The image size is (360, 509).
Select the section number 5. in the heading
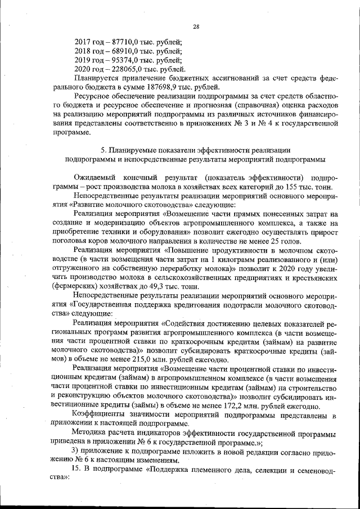point(102,150)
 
